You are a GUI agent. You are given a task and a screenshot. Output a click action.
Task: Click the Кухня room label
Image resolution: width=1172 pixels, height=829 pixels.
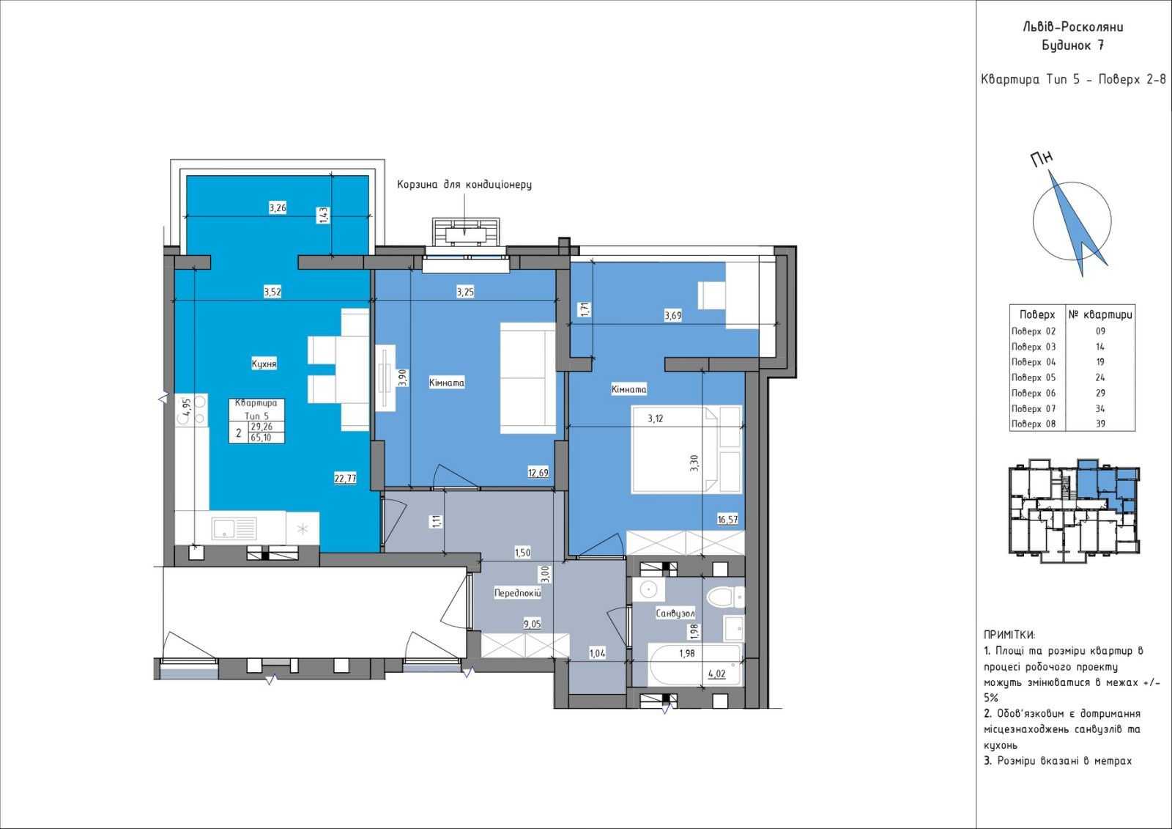(x=264, y=364)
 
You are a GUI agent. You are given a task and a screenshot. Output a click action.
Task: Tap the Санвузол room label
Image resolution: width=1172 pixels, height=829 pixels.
(x=675, y=614)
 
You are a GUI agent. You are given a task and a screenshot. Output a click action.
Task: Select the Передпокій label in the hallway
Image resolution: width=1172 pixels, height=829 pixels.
(x=517, y=593)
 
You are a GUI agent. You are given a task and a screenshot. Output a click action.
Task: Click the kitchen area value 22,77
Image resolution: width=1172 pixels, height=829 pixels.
(x=345, y=478)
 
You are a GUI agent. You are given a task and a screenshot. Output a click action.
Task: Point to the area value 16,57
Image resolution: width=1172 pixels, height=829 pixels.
(x=728, y=520)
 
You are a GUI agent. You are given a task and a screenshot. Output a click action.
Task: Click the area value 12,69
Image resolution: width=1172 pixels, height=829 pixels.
(x=538, y=472)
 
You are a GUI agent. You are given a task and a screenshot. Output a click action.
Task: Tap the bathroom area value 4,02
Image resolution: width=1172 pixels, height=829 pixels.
(x=717, y=674)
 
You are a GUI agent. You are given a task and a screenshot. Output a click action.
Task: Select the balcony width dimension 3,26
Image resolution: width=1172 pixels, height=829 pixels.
(x=278, y=208)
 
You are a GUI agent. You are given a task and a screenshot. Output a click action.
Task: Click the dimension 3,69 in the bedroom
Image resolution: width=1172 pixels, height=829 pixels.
(x=673, y=316)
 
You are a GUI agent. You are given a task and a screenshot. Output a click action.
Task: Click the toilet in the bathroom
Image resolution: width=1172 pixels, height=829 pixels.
(x=725, y=597)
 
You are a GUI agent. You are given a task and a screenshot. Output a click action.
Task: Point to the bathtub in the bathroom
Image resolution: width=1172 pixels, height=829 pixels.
(x=695, y=665)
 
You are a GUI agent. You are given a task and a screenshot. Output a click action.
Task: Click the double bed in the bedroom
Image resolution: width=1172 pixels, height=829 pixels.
(x=686, y=449)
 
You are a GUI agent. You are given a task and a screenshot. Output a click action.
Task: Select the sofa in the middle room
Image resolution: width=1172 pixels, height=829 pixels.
(x=527, y=378)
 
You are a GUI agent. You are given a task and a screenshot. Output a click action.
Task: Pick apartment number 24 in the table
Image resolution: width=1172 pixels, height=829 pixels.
(x=1100, y=377)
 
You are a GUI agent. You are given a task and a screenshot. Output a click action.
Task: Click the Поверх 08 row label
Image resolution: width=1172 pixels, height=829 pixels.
(x=1034, y=424)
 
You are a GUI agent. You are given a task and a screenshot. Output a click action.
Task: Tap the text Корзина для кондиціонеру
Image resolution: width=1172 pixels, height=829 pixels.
(x=464, y=184)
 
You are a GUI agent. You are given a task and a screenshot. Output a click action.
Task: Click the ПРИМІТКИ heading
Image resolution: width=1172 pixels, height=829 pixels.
(x=1009, y=635)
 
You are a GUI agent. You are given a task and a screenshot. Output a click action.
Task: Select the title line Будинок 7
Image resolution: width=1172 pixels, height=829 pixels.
(x=1072, y=45)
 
